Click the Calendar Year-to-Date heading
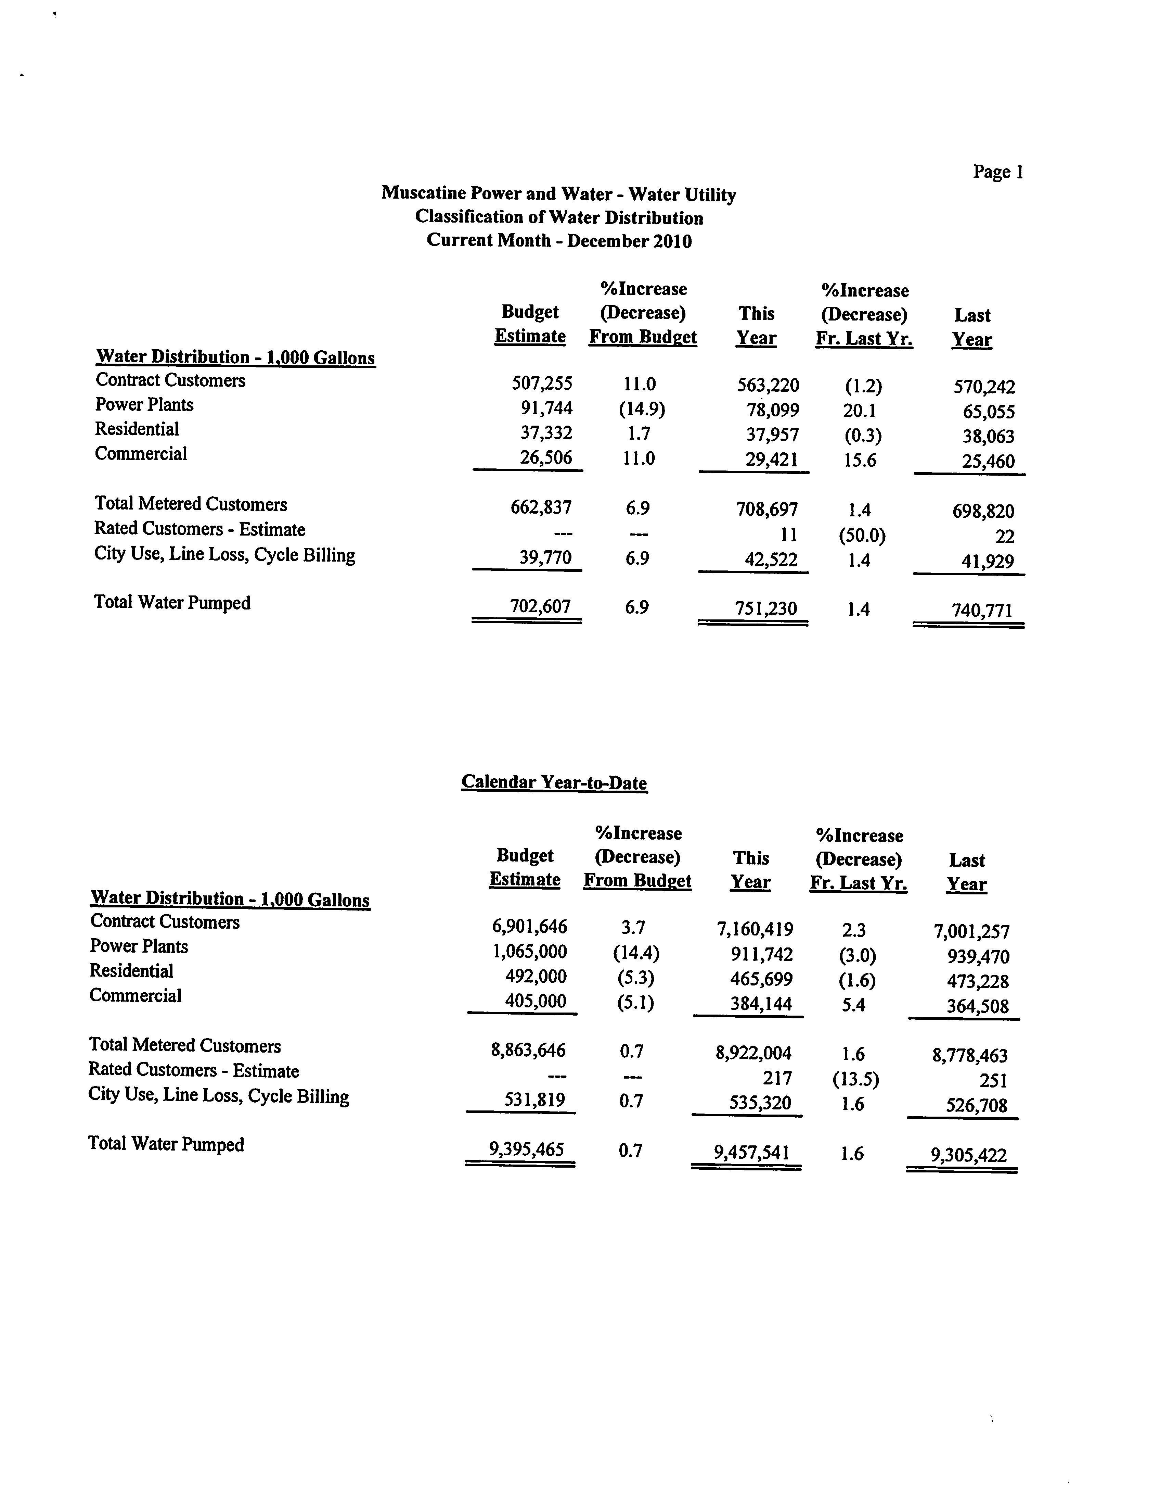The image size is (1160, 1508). (553, 782)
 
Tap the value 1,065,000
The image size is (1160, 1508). (529, 952)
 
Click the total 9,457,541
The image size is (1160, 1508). (751, 1152)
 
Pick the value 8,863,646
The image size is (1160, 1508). (528, 1050)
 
